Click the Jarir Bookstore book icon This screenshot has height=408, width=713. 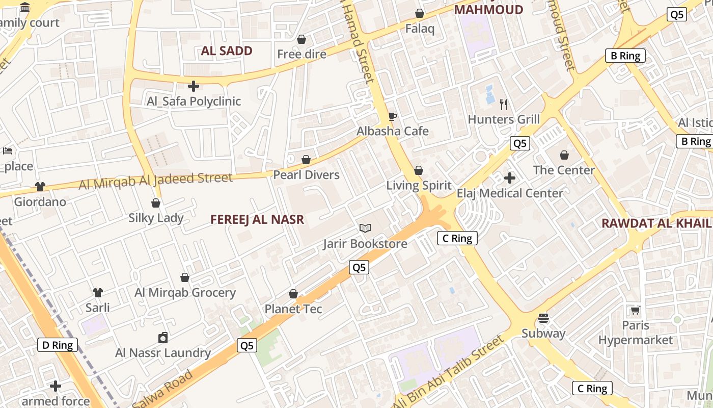(365, 228)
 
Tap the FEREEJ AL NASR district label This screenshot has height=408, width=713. (257, 220)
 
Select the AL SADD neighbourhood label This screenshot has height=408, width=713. (227, 50)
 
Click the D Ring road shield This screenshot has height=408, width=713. (58, 345)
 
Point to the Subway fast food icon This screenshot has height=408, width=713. (543, 318)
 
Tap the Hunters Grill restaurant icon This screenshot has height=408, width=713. (504, 105)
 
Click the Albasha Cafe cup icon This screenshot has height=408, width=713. (392, 116)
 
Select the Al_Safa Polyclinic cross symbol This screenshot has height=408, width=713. (194, 86)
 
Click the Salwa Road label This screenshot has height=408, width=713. (163, 389)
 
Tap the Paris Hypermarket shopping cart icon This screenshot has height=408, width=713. (635, 310)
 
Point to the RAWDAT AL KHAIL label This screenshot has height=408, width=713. (656, 223)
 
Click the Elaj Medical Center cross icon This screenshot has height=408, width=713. (509, 178)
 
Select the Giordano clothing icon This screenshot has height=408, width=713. (40, 187)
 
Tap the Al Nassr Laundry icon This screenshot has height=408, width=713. (163, 338)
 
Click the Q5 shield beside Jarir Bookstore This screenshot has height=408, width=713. (359, 267)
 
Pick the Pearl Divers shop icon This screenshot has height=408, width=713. (306, 160)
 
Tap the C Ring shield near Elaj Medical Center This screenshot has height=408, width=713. (457, 238)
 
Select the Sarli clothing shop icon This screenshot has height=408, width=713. (97, 293)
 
